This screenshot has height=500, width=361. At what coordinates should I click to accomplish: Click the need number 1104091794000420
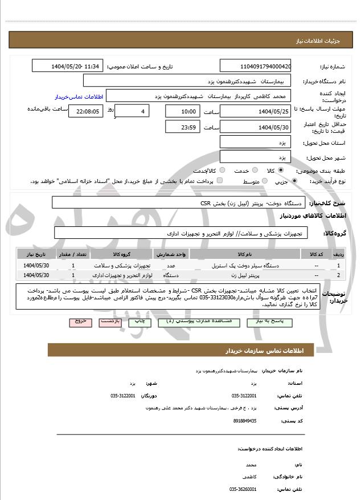255,66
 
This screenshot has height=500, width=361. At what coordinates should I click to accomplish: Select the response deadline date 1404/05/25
255,111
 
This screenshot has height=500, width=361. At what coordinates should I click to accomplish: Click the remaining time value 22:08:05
85,112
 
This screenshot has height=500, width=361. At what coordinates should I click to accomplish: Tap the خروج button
80,322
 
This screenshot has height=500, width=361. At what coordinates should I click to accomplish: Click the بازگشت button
109,322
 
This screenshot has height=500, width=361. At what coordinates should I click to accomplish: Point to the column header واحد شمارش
170,254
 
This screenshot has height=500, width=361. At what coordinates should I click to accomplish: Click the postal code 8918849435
245,420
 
